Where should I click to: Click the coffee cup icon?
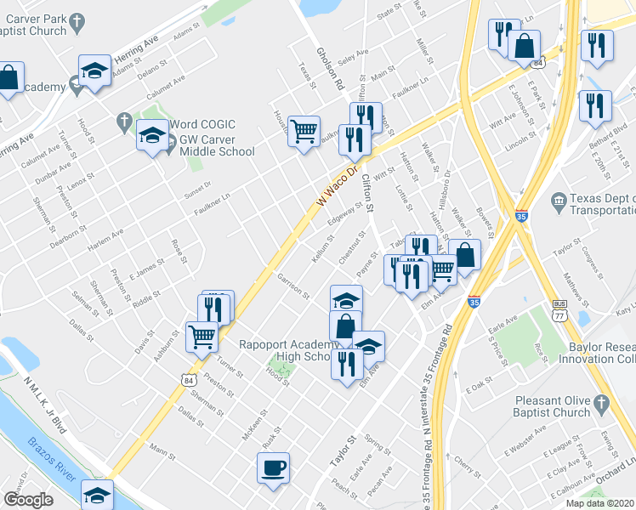[273, 467]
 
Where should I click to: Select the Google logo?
[28, 501]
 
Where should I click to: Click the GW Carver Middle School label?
[211, 144]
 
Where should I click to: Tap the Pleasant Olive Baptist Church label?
[552, 406]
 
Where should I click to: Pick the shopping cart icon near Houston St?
[304, 131]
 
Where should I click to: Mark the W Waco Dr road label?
[334, 184]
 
